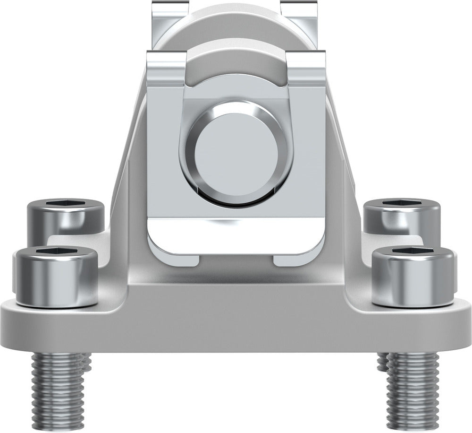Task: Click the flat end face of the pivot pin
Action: coord(236,153)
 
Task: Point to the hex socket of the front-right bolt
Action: coord(413,251)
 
